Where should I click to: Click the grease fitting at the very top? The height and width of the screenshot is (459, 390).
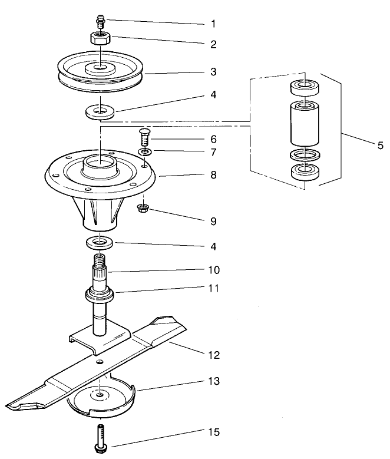tap(100, 23)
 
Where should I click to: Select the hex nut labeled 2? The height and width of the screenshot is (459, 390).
tap(101, 38)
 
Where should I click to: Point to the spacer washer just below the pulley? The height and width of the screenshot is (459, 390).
tap(101, 110)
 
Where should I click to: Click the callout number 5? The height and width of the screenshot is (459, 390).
tap(379, 146)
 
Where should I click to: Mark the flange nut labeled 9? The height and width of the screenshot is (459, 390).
tap(142, 208)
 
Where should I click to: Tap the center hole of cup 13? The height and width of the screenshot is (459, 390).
tap(101, 393)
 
